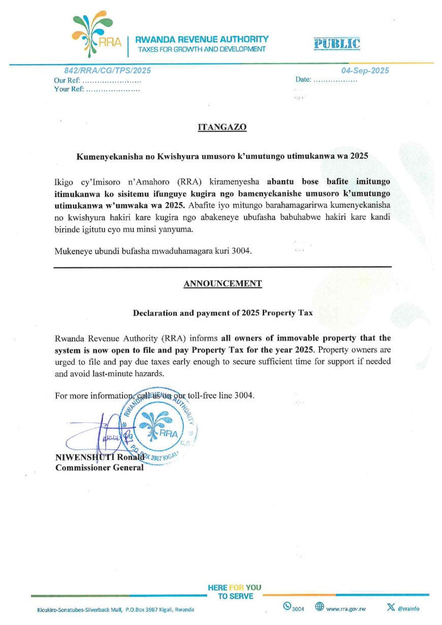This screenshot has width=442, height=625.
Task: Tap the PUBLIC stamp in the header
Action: (337, 44)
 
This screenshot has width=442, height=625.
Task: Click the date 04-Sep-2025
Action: (365, 71)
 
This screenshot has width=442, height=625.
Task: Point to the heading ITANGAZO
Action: (222, 127)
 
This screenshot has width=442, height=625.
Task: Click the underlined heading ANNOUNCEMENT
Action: (223, 284)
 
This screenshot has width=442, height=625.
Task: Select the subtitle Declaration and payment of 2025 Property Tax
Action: (223, 313)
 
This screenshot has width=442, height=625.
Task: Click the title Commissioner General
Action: (100, 468)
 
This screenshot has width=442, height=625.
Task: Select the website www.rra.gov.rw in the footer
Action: (345, 608)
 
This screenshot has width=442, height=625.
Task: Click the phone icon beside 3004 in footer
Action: (287, 606)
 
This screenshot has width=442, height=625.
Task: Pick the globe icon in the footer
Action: (320, 606)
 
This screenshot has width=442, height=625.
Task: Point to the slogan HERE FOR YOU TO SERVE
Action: (235, 592)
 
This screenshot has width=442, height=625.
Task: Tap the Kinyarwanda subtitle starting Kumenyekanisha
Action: (222, 157)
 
